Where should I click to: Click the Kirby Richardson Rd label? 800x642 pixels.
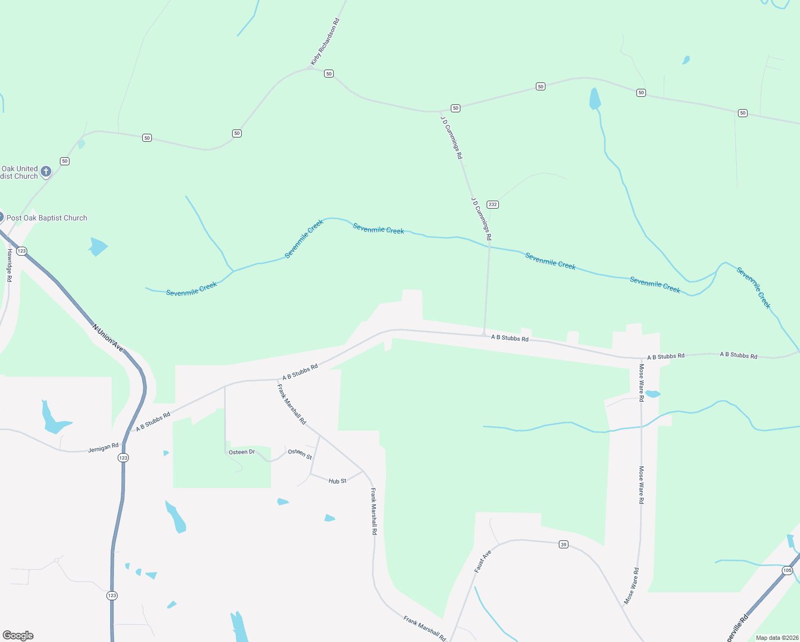click(x=325, y=42)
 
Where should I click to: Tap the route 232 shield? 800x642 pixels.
click(x=493, y=204)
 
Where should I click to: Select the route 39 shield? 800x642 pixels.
click(x=563, y=545)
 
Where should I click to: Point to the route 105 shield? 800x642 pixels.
click(x=787, y=571)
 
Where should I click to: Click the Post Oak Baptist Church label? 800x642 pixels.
click(x=47, y=218)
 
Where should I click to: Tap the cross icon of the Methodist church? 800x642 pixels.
click(x=46, y=172)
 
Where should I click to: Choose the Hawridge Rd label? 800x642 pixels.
click(x=10, y=265)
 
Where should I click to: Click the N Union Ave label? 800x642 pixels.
click(x=107, y=338)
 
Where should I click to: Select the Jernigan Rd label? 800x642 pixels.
click(x=103, y=447)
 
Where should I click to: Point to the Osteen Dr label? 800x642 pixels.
click(x=242, y=452)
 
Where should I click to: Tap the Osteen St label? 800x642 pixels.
click(x=300, y=454)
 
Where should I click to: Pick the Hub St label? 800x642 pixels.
click(x=337, y=481)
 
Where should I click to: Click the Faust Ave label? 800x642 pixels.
click(x=482, y=562)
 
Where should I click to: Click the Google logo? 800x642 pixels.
click(x=18, y=636)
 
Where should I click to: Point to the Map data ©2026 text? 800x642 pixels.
click(x=777, y=638)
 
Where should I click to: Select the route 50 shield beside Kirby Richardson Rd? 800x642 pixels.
click(x=329, y=74)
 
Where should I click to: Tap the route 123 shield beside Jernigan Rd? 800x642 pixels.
click(x=124, y=457)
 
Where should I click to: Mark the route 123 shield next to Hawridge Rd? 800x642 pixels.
click(x=21, y=251)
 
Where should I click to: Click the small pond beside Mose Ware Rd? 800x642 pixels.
click(x=652, y=394)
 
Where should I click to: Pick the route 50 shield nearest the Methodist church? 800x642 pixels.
click(x=65, y=161)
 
